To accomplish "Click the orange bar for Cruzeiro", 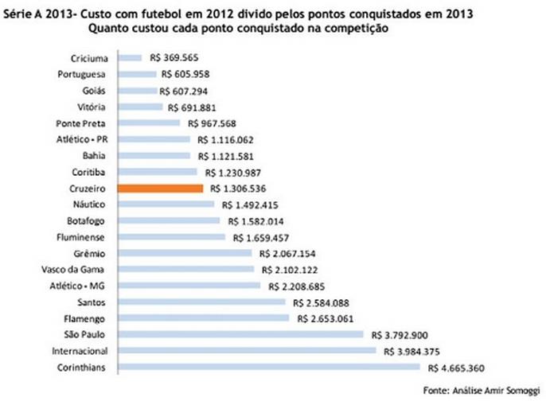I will (160, 189).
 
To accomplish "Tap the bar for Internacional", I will (247, 350).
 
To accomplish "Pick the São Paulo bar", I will (240, 334).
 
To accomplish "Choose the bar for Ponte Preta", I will (149, 123).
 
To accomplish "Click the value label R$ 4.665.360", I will (456, 367).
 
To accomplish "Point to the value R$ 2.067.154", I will (287, 253).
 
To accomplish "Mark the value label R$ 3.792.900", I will (397, 334).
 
